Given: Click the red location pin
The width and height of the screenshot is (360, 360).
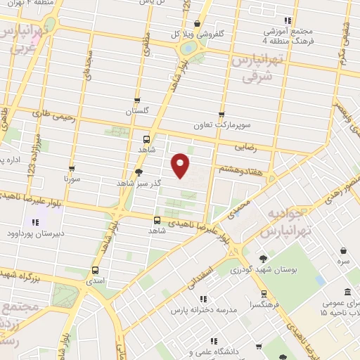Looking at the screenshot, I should pos(181,165).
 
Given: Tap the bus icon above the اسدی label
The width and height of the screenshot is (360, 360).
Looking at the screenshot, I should pos(96,269).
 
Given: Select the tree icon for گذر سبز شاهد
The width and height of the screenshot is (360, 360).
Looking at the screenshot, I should pos(139,172).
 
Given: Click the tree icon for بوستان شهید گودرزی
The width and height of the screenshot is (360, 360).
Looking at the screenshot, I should pos(263,259).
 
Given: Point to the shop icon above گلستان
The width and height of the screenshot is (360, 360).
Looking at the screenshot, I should pos(137,101).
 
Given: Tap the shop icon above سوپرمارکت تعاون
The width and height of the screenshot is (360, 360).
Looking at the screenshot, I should pos(221,115).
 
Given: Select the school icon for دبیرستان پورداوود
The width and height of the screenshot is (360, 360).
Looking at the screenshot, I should pos(35,222).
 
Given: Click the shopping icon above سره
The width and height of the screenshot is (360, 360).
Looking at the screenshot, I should pos(342,250).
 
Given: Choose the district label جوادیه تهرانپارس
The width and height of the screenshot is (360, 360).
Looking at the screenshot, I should pos(281,221).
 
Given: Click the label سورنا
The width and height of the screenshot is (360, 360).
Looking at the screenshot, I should pos(73,179).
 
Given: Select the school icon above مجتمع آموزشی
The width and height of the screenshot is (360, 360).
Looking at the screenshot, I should pos(287,20).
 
